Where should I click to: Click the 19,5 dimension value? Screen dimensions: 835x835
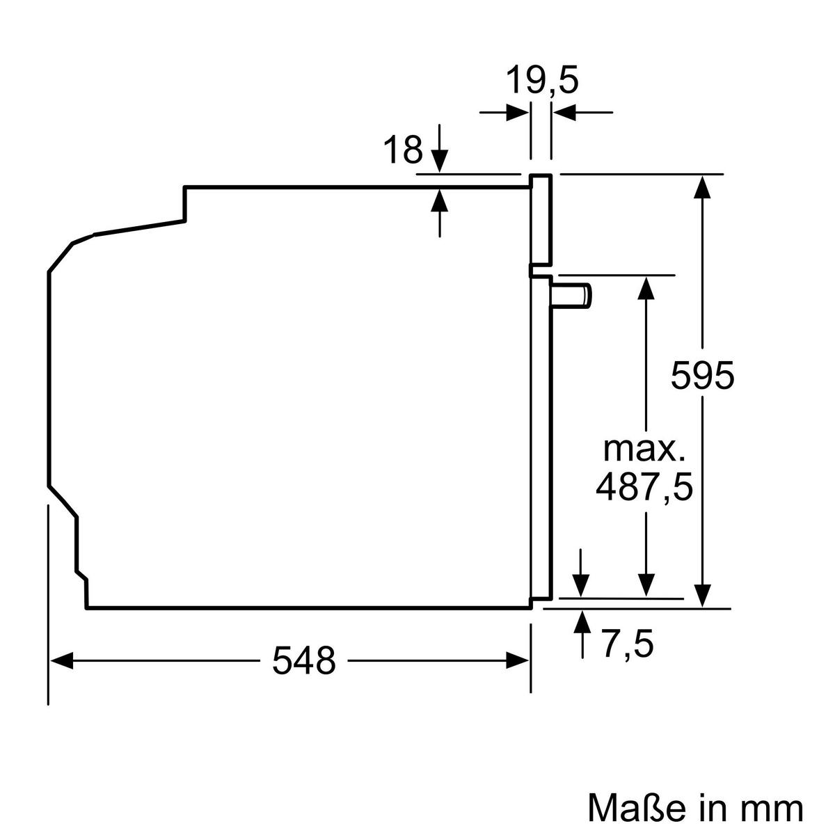541,80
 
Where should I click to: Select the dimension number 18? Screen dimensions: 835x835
403,150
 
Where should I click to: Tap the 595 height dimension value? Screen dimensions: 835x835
702,376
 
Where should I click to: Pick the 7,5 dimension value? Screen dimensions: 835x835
627,644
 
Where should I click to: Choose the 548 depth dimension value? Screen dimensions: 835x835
303,660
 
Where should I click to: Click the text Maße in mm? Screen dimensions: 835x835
695,807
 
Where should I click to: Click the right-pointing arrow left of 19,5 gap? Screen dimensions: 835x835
516,112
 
